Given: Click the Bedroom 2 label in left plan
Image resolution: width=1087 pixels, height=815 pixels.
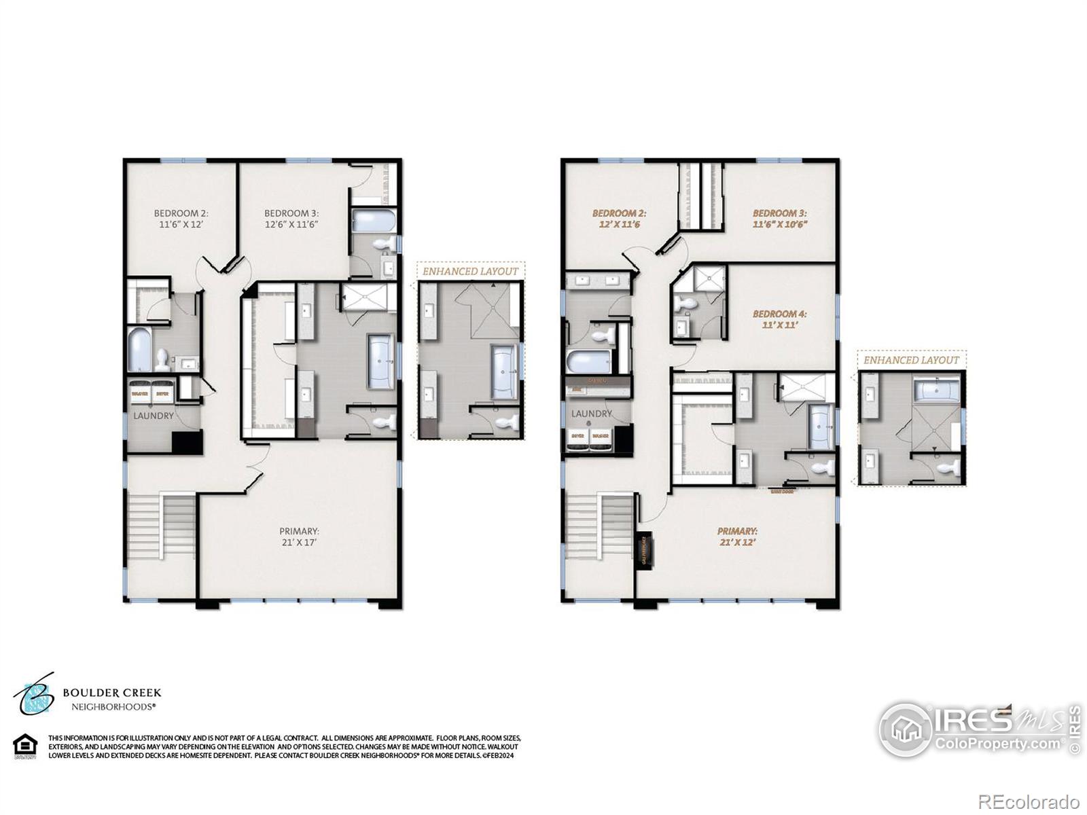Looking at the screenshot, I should pos(180,218).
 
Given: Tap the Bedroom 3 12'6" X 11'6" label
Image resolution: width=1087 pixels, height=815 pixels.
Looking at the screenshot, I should pos(291,218).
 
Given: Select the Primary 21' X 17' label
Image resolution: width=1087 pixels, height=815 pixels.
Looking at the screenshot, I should pos(299,537).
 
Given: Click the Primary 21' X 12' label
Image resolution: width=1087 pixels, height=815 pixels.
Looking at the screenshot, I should pos(737,537).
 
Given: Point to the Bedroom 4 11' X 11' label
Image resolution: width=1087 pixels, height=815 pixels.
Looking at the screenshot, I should pos(779,319).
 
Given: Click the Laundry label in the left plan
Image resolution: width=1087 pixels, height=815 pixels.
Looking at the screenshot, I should pos(153,416).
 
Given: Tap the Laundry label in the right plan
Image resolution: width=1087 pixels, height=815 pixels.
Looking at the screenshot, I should pos(591,414).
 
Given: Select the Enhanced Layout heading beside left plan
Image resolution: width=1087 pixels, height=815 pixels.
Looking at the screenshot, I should pos(470,271).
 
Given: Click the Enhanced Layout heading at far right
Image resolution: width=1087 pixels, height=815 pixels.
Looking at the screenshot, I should pos(911,360).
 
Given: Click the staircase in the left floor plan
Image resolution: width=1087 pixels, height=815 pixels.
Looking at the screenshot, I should pos(162,526).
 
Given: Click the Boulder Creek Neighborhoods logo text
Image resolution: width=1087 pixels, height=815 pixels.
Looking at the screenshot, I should pos(112,698).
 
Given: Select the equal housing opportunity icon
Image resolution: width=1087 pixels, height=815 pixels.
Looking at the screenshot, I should pos(25,746).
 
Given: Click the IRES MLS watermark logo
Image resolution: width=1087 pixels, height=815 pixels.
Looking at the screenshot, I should pos(978,729).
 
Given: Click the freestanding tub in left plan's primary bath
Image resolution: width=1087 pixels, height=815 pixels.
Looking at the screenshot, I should pos(381,361).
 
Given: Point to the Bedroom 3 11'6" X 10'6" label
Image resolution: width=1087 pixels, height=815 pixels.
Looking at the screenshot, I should pos(779,218).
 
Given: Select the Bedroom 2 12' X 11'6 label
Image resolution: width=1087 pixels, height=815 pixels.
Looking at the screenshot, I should pos(616,218).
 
